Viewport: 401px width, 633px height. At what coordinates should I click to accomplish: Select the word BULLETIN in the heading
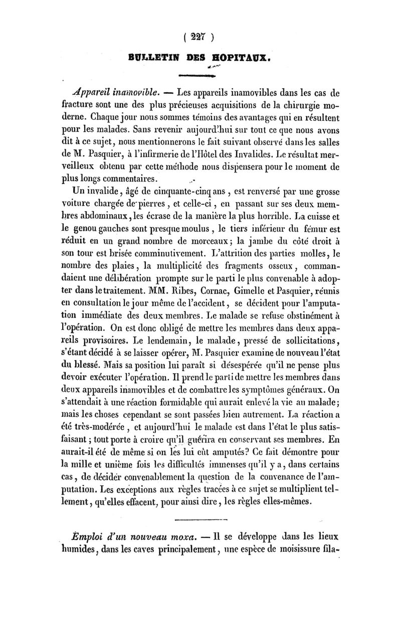[152, 57]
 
